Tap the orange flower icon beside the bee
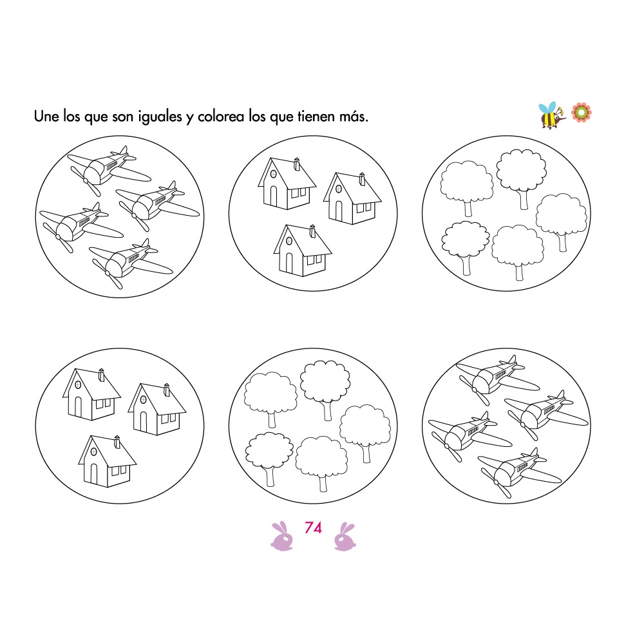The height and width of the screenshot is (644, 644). (582, 112)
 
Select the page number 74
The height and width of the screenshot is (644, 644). (313, 528)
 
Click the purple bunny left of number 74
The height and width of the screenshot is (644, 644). (281, 537)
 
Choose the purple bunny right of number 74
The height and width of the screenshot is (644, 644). (345, 537)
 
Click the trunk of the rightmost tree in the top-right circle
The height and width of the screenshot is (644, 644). (562, 241)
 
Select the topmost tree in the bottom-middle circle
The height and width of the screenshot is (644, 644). (325, 386)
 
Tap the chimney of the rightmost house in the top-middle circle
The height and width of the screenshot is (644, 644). (362, 178)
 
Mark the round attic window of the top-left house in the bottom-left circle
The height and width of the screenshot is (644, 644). (79, 384)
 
